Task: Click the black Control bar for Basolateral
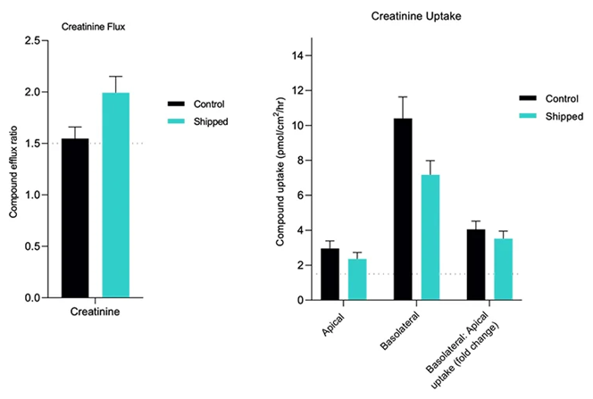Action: coord(403,209)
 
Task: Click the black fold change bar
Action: coord(476,264)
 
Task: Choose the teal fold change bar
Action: coord(503,269)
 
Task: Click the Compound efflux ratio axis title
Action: coord(13,170)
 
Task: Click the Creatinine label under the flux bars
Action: coord(96,312)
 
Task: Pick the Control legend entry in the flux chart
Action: coord(207,104)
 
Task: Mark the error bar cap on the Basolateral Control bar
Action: coord(403,96)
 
